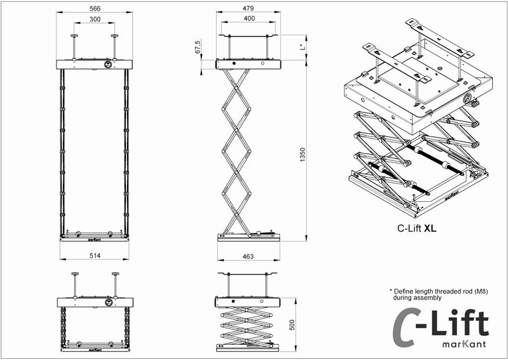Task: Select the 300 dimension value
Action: (x=95, y=19)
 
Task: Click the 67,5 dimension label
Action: (x=198, y=48)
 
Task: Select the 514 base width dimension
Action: (x=95, y=255)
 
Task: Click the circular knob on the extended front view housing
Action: (x=108, y=65)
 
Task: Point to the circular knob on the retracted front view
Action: (x=109, y=302)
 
